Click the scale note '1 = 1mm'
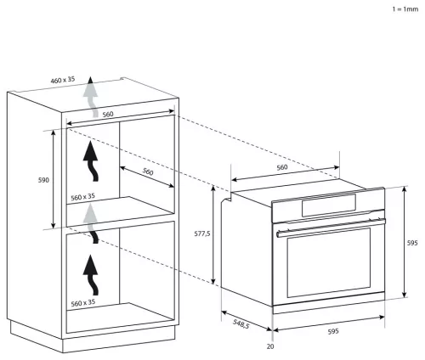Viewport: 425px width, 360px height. [405, 9]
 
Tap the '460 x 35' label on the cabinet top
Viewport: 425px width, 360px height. [63, 80]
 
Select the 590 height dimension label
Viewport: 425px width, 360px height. [43, 180]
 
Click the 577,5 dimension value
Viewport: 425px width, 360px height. [202, 233]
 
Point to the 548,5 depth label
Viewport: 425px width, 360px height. [241, 323]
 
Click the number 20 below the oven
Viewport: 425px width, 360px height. [270, 346]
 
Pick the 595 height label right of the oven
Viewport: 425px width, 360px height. [412, 243]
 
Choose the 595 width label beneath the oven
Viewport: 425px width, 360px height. [333, 331]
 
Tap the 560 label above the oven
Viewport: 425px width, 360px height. [282, 167]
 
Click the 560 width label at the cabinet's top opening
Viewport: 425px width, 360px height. [108, 115]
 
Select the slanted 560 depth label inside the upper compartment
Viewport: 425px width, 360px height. [148, 172]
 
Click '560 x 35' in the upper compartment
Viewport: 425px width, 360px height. [82, 197]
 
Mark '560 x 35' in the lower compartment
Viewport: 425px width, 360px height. [82, 303]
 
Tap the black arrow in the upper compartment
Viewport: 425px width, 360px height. [91, 161]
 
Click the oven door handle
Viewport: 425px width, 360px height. [331, 228]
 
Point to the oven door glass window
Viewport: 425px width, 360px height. [329, 262]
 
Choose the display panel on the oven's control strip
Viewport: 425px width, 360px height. [329, 205]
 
